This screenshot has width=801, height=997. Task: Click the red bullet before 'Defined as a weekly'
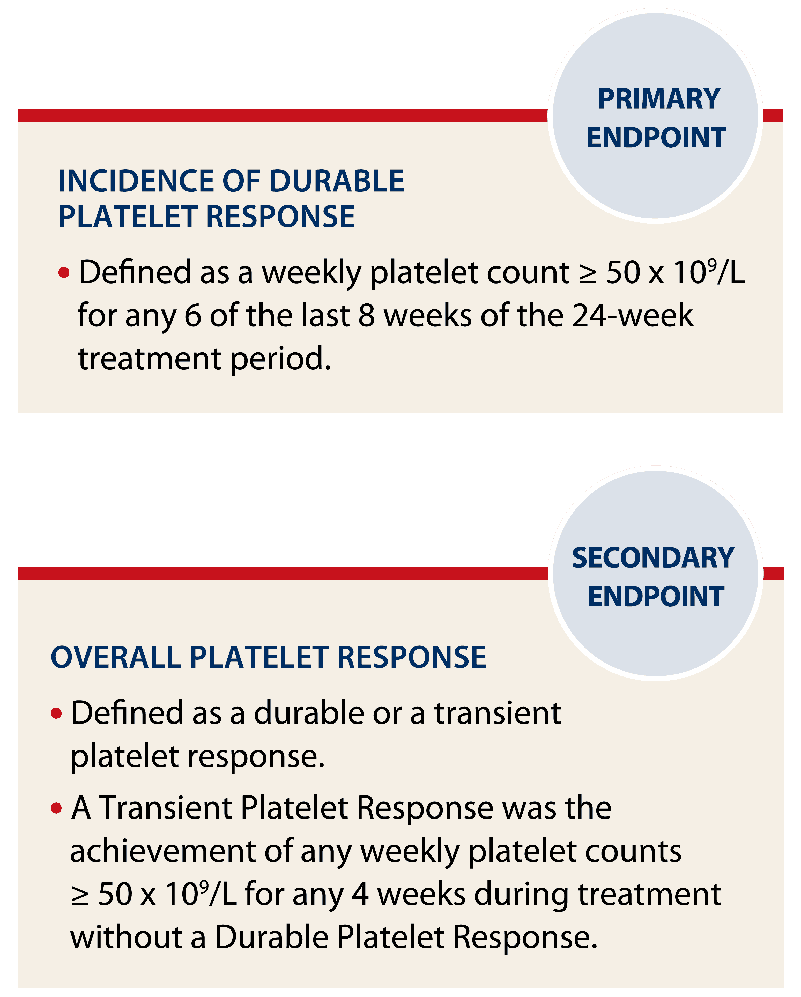tap(64, 273)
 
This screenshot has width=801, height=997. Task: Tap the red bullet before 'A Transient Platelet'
tap(56, 808)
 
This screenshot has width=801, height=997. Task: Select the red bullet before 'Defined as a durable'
tap(56, 713)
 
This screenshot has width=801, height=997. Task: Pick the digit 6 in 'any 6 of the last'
tap(193, 316)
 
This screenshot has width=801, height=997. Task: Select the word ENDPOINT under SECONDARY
tap(656, 597)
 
